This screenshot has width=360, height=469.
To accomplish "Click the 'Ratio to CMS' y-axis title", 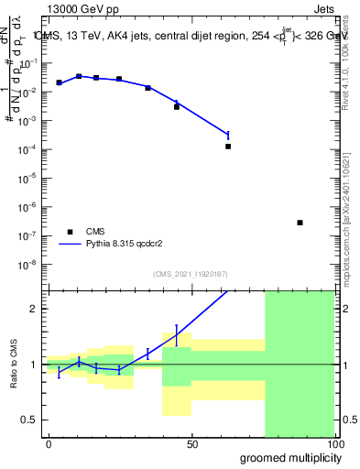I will tap(14, 364).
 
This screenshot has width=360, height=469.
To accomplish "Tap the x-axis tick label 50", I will tap(192, 443).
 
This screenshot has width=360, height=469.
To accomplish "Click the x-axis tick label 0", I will tap(49, 443).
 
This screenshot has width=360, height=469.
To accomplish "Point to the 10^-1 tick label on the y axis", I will tap(30, 64).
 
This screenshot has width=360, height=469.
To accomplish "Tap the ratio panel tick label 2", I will tap(35, 309).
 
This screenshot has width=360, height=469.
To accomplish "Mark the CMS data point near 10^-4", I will tap(228, 146).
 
